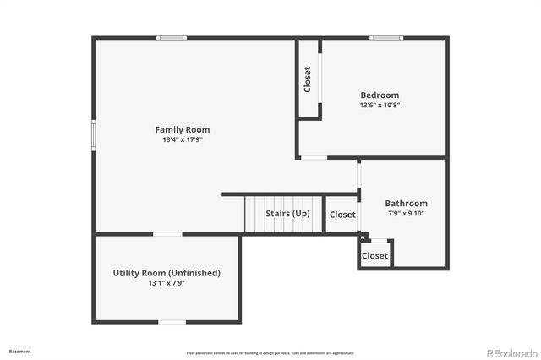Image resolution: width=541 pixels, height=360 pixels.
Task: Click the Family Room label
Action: pyautogui.click(x=182, y=129)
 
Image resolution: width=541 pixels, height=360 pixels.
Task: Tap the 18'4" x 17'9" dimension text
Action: pyautogui.click(x=182, y=139)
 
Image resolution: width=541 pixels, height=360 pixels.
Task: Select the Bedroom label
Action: pyautogui.click(x=380, y=95)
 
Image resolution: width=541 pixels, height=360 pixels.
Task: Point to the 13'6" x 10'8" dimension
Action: pyautogui.click(x=380, y=106)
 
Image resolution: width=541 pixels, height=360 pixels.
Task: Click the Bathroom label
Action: pyautogui.click(x=406, y=203)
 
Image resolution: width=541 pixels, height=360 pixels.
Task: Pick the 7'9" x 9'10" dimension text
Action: pyautogui.click(x=406, y=213)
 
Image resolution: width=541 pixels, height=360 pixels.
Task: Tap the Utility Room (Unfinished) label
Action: pyautogui.click(x=167, y=273)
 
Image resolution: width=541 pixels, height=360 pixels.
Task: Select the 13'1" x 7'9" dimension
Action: pyautogui.click(x=167, y=283)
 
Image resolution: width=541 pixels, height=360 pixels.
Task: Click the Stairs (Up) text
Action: pyautogui.click(x=287, y=214)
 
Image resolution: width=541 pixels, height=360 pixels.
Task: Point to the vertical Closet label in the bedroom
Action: pyautogui.click(x=308, y=79)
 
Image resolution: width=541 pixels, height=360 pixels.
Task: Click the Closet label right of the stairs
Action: pyautogui.click(x=342, y=215)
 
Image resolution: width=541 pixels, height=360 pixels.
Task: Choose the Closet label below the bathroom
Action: pyautogui.click(x=374, y=255)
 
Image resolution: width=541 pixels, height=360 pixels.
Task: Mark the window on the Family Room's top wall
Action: pyautogui.click(x=172, y=37)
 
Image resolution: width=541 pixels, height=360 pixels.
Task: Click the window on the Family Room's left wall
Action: pyautogui.click(x=93, y=135)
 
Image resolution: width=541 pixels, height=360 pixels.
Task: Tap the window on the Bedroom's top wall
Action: pyautogui.click(x=385, y=37)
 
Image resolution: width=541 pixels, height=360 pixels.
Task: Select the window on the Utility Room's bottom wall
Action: pyautogui.click(x=172, y=321)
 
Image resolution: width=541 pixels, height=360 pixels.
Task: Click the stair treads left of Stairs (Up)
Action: pyautogui.click(x=255, y=214)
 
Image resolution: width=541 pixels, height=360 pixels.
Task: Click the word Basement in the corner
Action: pyautogui.click(x=20, y=351)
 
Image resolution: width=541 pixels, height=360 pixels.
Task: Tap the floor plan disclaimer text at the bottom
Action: pyautogui.click(x=270, y=353)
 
